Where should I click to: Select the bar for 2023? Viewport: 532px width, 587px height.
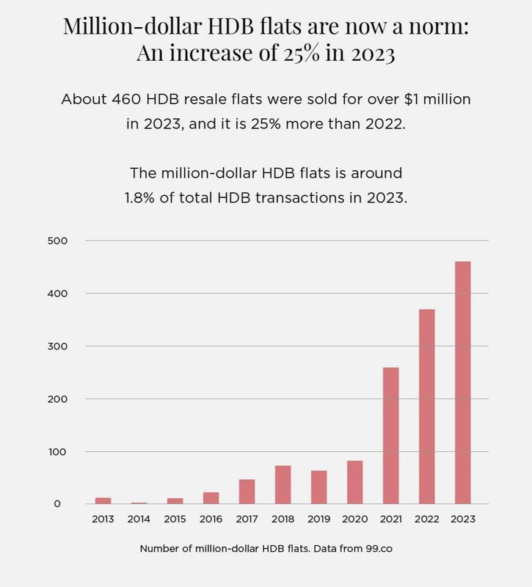point(462,382)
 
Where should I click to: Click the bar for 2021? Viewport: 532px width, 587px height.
point(390,435)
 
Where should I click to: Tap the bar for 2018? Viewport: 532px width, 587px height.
point(283,484)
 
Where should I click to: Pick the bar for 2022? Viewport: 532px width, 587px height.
point(426,406)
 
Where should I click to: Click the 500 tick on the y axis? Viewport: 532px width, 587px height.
point(58,241)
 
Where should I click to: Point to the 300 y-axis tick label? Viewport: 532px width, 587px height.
point(58,346)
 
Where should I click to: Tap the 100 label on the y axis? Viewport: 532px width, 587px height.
point(58,451)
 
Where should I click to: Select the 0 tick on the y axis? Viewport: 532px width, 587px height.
point(65,504)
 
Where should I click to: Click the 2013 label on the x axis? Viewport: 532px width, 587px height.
point(103,519)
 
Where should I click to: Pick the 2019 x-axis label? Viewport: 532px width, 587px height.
point(319,519)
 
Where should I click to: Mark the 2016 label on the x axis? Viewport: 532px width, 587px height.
point(211,519)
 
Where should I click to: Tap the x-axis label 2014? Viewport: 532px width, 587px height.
point(139,519)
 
